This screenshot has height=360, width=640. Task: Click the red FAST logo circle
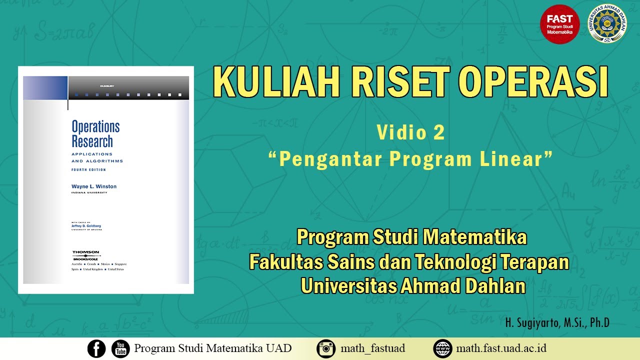[x=560, y=24]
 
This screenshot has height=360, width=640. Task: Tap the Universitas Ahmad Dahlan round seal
[x=607, y=24]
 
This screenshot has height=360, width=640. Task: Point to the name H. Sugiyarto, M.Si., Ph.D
[x=557, y=323]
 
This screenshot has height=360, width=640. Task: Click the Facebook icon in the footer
[x=96, y=348]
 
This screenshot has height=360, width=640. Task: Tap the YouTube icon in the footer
[x=120, y=348]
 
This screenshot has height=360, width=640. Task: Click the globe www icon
[x=442, y=348]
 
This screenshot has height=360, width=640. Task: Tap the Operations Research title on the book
[x=95, y=133]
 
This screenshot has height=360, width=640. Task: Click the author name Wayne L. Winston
[x=94, y=186]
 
